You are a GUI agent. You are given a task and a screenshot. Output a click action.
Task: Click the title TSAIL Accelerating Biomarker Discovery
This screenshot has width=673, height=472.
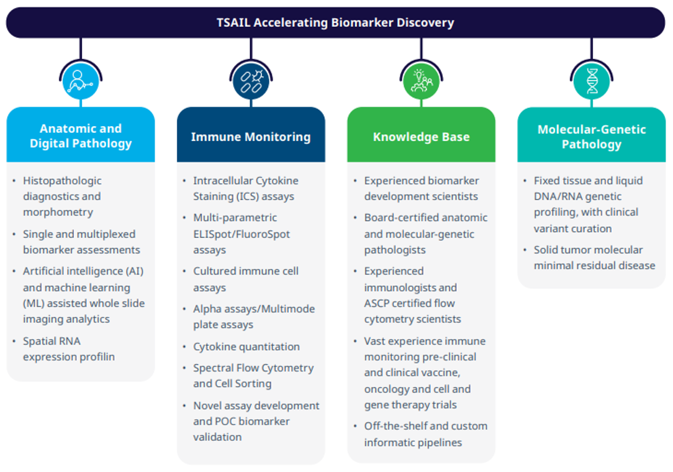coord(335,23)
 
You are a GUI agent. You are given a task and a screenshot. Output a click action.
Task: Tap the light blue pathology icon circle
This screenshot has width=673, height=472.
coord(81,81)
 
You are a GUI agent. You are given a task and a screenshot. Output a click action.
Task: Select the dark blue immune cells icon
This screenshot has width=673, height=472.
coord(251,81)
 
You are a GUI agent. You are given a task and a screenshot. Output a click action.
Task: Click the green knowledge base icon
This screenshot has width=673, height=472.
coord(421,81)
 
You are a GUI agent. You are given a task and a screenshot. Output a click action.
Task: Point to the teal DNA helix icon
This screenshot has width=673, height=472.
coord(591,81)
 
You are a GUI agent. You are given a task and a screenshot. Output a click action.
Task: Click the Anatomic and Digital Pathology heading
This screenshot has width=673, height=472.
coord(81,136)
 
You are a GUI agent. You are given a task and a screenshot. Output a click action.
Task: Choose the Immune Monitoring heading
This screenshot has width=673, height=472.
coord(251,137)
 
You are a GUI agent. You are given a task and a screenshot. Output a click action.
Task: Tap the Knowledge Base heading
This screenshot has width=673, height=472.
coord(421,137)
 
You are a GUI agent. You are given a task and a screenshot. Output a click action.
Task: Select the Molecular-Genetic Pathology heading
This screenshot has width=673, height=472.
coord(591,137)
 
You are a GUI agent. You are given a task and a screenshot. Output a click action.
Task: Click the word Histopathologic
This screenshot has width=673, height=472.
coord(62,181)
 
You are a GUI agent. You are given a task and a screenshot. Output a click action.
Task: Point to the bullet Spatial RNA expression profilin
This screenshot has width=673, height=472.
coord(68,349)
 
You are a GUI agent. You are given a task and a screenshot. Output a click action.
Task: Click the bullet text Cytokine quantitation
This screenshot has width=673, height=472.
coord(246,347)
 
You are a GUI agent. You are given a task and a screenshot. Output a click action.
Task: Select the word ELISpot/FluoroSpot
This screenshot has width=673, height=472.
coord(242,234)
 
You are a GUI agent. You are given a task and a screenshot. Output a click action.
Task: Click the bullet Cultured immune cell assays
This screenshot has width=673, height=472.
coord(245,279)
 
